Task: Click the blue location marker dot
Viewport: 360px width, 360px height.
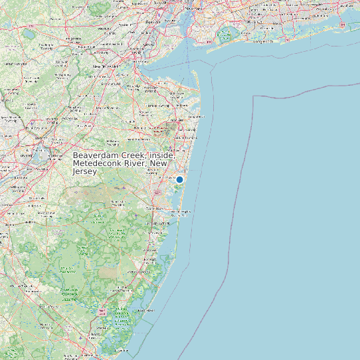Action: click(179, 179)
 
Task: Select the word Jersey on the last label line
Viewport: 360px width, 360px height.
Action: click(84, 171)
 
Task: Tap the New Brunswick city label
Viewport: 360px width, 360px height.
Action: click(106, 66)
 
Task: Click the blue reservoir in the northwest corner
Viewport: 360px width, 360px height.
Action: click(29, 33)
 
